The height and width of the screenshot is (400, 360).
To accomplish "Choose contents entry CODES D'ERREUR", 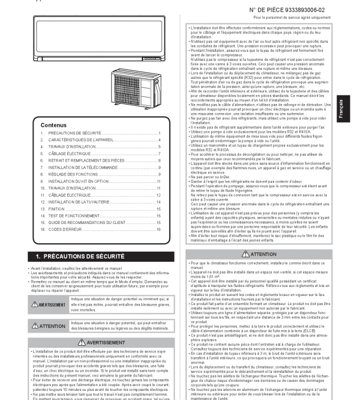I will [x=67, y=244].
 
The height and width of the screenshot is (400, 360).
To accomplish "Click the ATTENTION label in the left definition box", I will [x=49, y=325].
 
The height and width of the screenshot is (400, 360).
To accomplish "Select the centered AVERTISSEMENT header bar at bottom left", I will [x=102, y=342].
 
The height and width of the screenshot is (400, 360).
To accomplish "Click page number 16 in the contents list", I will [x=158, y=244].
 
